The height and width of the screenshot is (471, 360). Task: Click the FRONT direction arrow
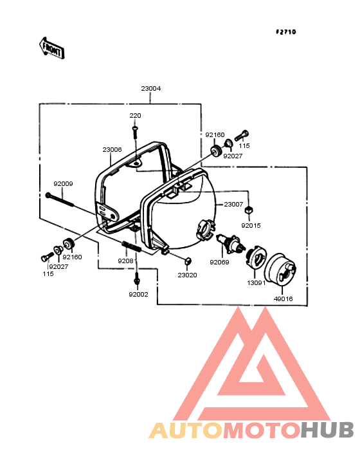(x=51, y=48)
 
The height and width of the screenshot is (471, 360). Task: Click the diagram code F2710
(x=286, y=32)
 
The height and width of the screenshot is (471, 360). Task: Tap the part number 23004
(x=151, y=88)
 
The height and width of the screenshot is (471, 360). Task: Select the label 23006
(x=112, y=149)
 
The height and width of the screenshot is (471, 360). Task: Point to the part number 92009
(x=63, y=183)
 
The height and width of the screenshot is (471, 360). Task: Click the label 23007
(x=233, y=204)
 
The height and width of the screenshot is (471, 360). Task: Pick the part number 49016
(x=283, y=299)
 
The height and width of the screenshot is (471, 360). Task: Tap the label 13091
(x=256, y=282)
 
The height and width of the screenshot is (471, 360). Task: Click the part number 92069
(x=219, y=263)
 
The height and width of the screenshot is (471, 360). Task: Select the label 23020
(x=187, y=275)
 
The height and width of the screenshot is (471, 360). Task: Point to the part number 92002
(x=138, y=295)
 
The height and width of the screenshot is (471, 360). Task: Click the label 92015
(x=251, y=225)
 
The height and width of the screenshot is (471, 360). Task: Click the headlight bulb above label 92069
(x=231, y=242)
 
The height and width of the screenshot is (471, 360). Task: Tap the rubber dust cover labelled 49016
(x=280, y=268)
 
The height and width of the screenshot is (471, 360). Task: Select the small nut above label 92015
(x=248, y=210)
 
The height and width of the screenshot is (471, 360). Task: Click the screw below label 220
(x=135, y=132)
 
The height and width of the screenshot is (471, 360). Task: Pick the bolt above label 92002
(x=137, y=278)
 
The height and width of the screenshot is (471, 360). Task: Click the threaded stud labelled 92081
(x=131, y=246)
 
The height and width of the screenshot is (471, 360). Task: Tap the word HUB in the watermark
(x=327, y=430)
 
